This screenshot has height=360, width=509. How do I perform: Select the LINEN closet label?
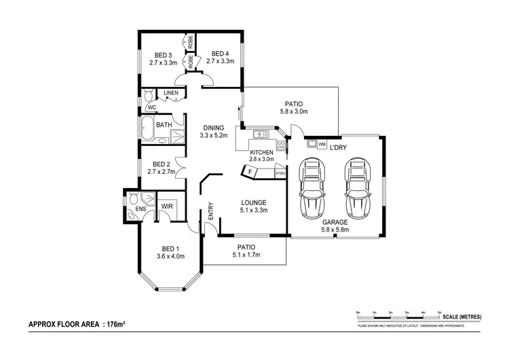pos(170,93)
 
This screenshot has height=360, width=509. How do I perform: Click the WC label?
pos(153,107)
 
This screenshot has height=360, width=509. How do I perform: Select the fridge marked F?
pos(251,173)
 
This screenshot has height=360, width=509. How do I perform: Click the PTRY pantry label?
pos(280,174)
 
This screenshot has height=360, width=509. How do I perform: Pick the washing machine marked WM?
pos(322,144)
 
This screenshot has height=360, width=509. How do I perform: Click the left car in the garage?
pos(313,185)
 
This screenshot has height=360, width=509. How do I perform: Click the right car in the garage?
pos(356,185)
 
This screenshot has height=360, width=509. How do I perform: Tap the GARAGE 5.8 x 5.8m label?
pos(335,226)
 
